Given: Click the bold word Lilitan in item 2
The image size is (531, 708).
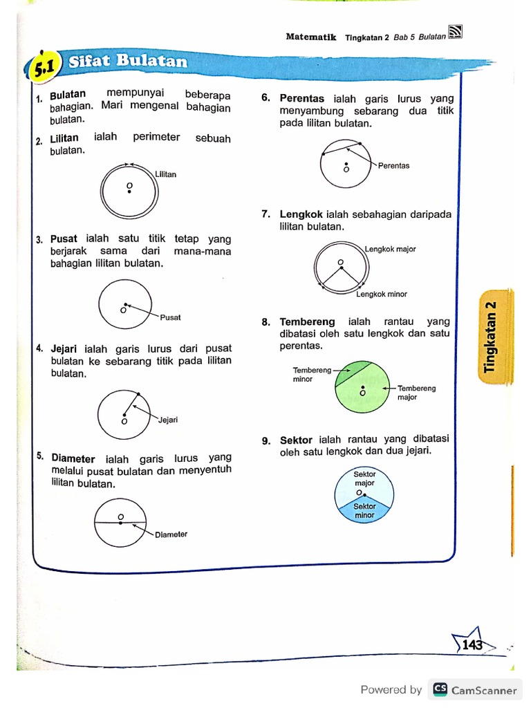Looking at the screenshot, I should pyautogui.click(x=64, y=139).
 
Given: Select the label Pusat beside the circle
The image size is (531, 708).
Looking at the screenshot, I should pyautogui.click(x=170, y=317).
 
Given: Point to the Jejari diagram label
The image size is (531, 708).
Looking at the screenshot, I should pyautogui.click(x=168, y=420).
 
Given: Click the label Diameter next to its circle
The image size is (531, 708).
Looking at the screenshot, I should pyautogui.click(x=171, y=534).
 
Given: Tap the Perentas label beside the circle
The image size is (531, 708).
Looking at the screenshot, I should pyautogui.click(x=393, y=166).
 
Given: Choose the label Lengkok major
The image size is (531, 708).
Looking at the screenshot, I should pyautogui.click(x=390, y=249).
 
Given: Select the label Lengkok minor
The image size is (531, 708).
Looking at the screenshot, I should pyautogui.click(x=382, y=294).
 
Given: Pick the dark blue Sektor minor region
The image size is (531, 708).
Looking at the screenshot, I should pyautogui.click(x=364, y=512).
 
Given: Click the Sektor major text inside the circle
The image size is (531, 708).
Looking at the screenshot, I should pyautogui.click(x=364, y=479).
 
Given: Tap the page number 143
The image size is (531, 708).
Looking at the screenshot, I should pyautogui.click(x=472, y=645).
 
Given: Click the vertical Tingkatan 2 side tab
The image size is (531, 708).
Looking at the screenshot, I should pyautogui.click(x=491, y=337).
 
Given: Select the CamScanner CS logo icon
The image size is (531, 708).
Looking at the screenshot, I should pyautogui.click(x=439, y=689).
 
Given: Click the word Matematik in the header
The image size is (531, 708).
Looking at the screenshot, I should pyautogui.click(x=311, y=37).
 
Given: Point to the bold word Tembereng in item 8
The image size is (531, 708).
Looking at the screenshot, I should pyautogui.click(x=307, y=322).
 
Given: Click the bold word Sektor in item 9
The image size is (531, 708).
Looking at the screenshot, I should pyautogui.click(x=296, y=440).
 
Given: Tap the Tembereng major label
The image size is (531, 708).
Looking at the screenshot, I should pyautogui.click(x=416, y=393).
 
